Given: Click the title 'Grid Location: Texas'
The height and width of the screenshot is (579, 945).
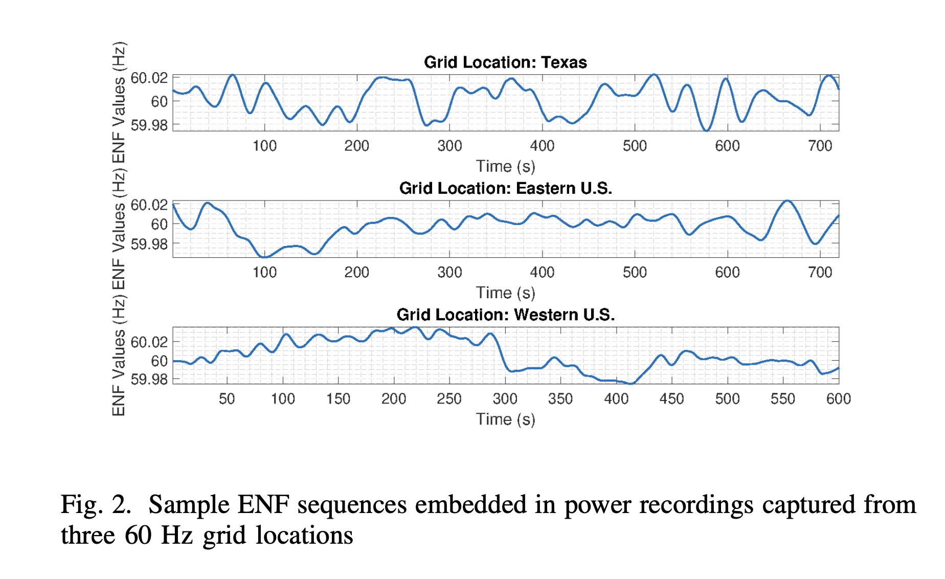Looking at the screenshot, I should pyautogui.click(x=505, y=62).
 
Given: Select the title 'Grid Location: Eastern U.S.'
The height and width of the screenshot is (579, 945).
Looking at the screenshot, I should pyautogui.click(x=505, y=188).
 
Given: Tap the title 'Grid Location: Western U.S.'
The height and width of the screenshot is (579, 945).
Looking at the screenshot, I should pyautogui.click(x=505, y=315).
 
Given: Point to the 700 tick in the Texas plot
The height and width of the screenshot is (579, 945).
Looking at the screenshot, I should pyautogui.click(x=820, y=146).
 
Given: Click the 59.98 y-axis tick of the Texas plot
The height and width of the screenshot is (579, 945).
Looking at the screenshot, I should pyautogui.click(x=149, y=125).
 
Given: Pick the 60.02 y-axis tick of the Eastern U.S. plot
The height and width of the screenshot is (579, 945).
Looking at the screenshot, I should pyautogui.click(x=149, y=205).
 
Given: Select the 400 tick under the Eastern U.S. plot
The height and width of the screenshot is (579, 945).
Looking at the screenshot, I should pyautogui.click(x=542, y=272).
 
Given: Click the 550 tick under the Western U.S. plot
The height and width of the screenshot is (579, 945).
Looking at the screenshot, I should pyautogui.click(x=782, y=398).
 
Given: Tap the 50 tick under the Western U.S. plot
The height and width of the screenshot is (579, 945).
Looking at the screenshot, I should pyautogui.click(x=227, y=398).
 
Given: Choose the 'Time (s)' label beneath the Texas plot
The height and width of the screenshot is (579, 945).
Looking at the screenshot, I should pyautogui.click(x=505, y=166).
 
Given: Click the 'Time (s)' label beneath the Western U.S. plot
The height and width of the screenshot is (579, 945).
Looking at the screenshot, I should pyautogui.click(x=505, y=419).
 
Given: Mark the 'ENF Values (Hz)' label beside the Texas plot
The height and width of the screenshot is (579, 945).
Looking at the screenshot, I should pyautogui.click(x=119, y=102).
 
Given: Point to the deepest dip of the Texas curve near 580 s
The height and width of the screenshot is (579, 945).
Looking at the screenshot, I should pyautogui.click(x=706, y=130).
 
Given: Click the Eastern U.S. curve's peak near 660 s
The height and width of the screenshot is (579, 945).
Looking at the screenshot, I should pyautogui.click(x=787, y=201).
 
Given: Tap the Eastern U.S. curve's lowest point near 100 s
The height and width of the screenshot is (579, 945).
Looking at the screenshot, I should pyautogui.click(x=264, y=257).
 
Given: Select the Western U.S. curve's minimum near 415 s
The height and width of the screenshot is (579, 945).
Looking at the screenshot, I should pyautogui.click(x=632, y=383).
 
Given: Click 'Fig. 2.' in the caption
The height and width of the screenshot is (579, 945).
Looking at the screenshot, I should pyautogui.click(x=96, y=504).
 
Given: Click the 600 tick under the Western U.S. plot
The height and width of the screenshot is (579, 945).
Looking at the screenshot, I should pyautogui.click(x=838, y=398).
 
